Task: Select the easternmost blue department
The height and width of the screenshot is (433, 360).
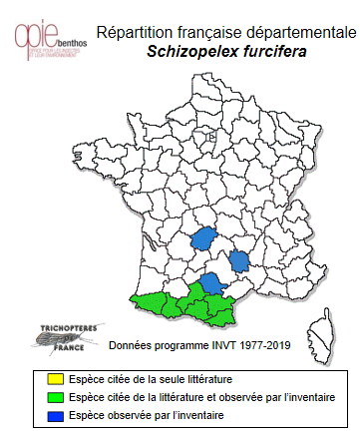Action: (x=239, y=263)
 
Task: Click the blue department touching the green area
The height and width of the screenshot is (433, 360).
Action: (x=211, y=283)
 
